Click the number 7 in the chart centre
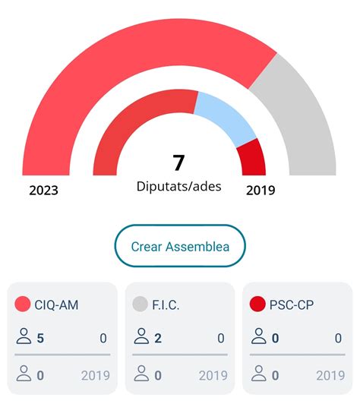tap(178, 163)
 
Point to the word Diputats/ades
tap(179, 186)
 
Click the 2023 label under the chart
tap(43, 191)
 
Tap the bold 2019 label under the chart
tap(261, 191)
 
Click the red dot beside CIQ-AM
tap(23, 304)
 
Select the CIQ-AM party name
tap(56, 305)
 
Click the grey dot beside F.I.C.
tap(140, 304)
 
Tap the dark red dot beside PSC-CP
tap(257, 304)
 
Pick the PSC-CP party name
tap(292, 305)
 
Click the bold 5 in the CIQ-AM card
tap(40, 338)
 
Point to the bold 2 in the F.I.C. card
tap(158, 338)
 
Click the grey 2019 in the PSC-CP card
tap(330, 375)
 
